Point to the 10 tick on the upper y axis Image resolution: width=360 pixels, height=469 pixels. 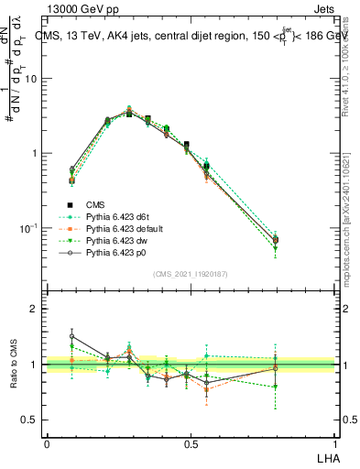34,79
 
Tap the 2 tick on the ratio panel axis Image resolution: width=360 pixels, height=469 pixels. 38,309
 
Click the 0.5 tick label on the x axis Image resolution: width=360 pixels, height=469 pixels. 191,444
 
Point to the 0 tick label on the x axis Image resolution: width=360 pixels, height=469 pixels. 47,444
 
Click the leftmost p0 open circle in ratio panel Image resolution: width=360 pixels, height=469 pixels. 72,336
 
